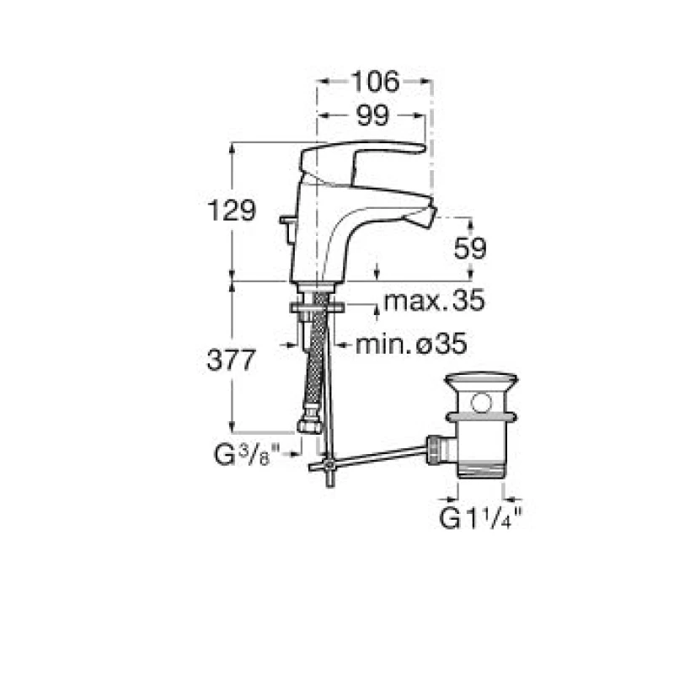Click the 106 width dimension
pyautogui.click(x=375, y=82)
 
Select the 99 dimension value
pyautogui.click(x=372, y=115)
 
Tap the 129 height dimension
pyautogui.click(x=231, y=210)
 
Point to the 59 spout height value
pyautogui.click(x=470, y=248)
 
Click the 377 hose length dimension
pyautogui.click(x=231, y=360)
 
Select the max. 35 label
pyautogui.click(x=434, y=300)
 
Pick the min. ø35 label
pyautogui.click(x=411, y=344)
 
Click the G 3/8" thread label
pyautogui.click(x=247, y=455)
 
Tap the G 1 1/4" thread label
pyautogui.click(x=480, y=518)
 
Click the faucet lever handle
pyautogui.click(x=361, y=159)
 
